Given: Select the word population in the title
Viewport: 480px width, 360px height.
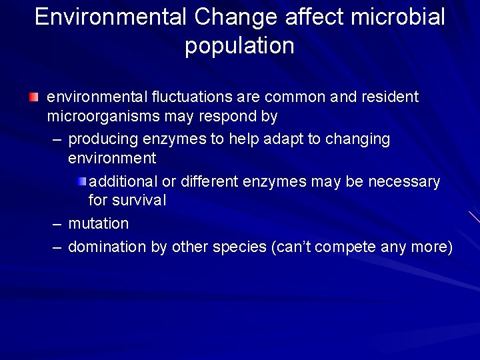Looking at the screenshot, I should point(239,46).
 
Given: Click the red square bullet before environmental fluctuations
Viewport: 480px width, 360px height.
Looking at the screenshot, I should point(34,97).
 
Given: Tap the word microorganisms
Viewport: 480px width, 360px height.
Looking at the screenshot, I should point(94,117).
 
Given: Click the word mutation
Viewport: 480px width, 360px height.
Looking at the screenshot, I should point(99,223).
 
